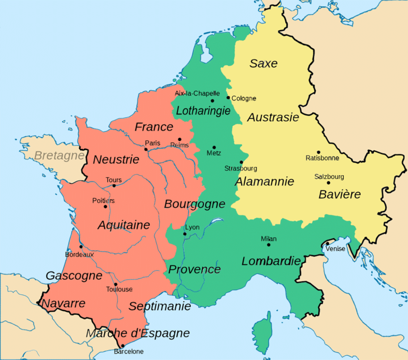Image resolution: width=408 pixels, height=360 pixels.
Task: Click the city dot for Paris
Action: [146, 150]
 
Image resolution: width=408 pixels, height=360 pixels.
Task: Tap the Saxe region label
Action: [263, 63]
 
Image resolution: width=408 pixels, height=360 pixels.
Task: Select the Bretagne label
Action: [59, 156]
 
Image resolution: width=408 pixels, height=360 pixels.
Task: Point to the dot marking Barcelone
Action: [123, 346]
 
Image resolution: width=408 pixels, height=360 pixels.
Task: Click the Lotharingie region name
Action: [203, 111]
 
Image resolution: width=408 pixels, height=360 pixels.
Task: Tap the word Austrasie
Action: [273, 117]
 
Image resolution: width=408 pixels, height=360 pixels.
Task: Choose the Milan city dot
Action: [269, 245]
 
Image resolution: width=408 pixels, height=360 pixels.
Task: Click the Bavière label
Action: [339, 194]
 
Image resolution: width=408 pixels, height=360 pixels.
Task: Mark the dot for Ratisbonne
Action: [319, 152]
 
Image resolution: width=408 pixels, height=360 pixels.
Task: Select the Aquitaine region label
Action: [124, 225]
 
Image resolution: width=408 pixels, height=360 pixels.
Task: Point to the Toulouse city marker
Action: [115, 284]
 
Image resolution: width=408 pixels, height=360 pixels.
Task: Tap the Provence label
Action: [194, 269]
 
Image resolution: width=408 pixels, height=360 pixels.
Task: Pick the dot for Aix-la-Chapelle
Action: [212, 100]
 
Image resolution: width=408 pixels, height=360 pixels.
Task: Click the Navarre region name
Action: [63, 304]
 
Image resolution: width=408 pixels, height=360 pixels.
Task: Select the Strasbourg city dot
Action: [242, 162]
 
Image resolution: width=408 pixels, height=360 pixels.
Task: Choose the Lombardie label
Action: [271, 261]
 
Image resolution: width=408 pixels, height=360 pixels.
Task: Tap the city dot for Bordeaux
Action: [81, 246]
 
